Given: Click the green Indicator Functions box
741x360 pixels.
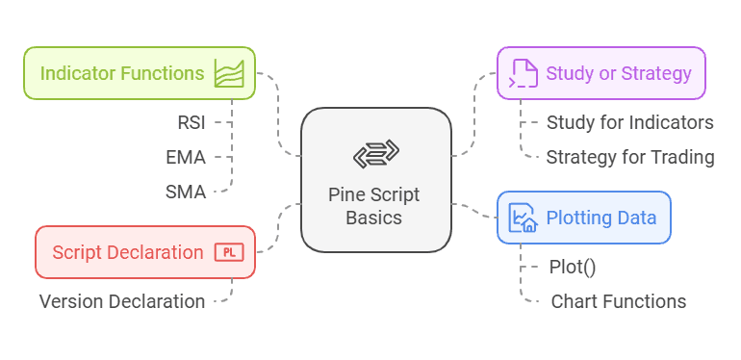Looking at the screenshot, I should point(140,73).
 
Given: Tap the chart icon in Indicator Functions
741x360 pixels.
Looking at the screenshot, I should point(229,74).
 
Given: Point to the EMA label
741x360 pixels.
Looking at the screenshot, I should point(186,156).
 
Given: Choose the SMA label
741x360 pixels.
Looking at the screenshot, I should point(186,192).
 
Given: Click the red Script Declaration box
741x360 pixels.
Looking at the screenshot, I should point(145,252).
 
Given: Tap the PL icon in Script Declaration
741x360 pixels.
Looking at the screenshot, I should point(228,252).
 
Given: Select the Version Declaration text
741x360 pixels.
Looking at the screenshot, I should point(122,301).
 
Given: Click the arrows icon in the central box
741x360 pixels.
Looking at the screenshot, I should point(375,154).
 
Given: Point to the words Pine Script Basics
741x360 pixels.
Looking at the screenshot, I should point(375,206).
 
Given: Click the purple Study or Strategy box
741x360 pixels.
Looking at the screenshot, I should point(600,73).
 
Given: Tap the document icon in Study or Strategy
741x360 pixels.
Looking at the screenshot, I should point(524,73).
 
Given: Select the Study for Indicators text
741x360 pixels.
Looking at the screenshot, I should point(629,122).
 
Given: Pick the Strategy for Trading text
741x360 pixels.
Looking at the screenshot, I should point(629,157).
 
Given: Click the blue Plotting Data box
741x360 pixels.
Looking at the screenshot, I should point(583,217).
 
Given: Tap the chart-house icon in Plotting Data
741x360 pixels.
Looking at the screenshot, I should point(524,218).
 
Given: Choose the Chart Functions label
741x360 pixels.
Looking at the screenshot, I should point(618,301).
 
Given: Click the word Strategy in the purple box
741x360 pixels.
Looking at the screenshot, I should point(656,73).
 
